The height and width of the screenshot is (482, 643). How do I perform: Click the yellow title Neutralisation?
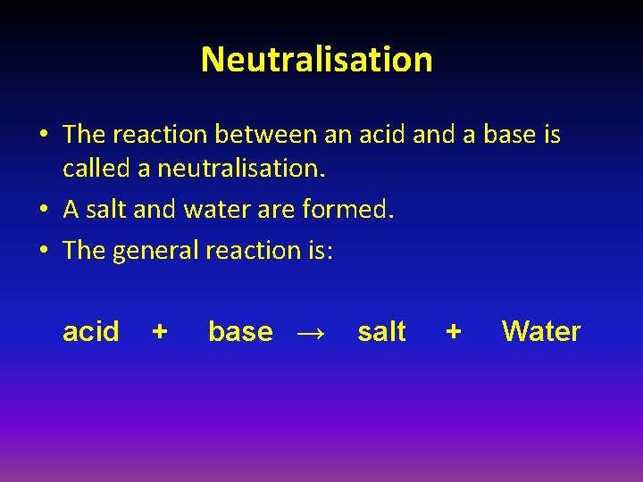tap(316, 60)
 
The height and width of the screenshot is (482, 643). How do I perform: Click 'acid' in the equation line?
tap(90, 332)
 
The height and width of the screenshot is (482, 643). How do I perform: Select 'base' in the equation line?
tap(240, 332)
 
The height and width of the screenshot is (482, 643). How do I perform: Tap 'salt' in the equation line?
tap(381, 332)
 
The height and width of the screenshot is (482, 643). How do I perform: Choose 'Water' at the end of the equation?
tap(541, 332)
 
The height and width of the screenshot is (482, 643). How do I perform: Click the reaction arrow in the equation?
tap(309, 333)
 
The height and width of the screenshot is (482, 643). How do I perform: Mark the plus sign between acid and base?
tap(160, 332)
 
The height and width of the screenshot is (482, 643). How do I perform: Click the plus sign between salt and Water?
tap(454, 332)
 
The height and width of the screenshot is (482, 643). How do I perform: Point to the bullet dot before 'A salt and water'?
tap(45, 212)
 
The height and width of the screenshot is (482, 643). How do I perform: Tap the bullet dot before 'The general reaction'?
tap(45, 251)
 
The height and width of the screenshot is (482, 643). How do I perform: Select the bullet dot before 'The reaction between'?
tap(45, 135)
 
